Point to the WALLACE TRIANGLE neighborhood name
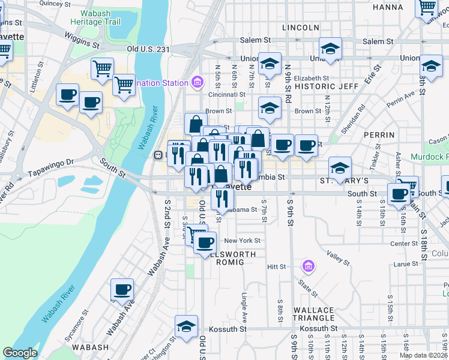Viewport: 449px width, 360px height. (305, 313)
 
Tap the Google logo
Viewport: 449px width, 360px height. (20, 353)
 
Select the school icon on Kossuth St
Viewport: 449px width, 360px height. (187, 327)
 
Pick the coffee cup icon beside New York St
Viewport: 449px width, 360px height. (205, 242)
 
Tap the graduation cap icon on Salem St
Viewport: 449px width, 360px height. (330, 49)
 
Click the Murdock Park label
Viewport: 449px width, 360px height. (430, 157)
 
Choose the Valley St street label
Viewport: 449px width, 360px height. (338, 258)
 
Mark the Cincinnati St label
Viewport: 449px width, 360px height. (227, 94)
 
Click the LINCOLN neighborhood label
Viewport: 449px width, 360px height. (300, 28)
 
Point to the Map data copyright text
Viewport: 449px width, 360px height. (423, 355)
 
